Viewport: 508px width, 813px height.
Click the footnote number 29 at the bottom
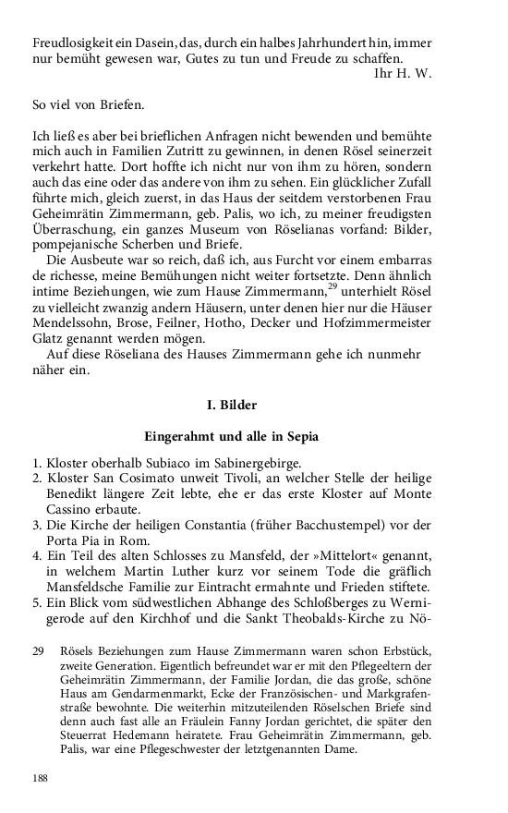[39, 652]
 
